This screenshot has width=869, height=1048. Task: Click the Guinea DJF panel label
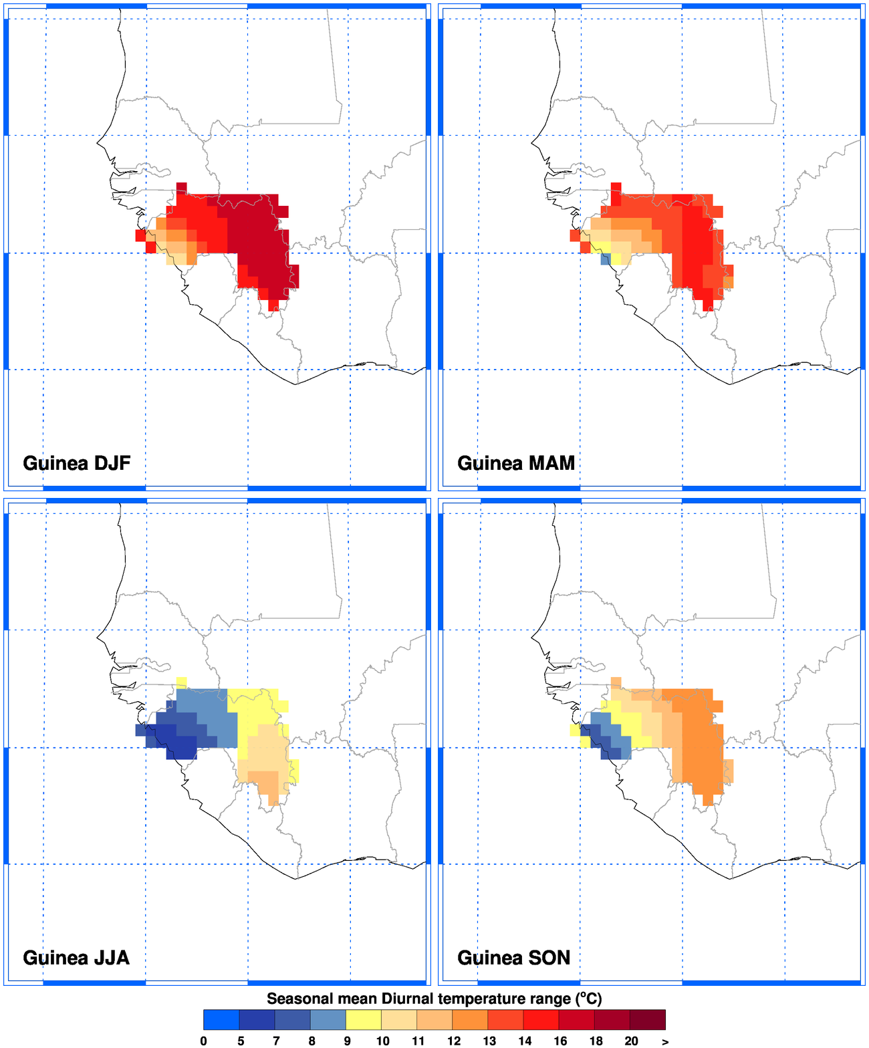coord(76,463)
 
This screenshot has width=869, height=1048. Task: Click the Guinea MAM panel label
coord(515,463)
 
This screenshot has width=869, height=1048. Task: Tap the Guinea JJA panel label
coord(76,958)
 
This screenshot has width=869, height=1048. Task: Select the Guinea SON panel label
coord(513,958)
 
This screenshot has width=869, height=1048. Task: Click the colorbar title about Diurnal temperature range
coord(434,999)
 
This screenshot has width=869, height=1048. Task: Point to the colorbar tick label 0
coord(204,1041)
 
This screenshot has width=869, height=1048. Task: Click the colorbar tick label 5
coord(240,1041)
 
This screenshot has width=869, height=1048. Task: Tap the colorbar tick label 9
coord(347,1041)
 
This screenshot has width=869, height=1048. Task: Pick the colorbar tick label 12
coord(453,1041)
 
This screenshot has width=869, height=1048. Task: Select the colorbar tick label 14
coord(525,1041)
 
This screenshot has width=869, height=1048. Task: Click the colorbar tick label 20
coord(631,1041)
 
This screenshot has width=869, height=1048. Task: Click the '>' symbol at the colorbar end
coord(665,1041)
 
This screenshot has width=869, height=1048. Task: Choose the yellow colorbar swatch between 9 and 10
coord(364,1020)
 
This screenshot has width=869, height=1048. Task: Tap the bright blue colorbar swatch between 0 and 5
coord(221,1020)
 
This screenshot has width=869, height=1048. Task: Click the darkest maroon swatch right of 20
coord(648,1020)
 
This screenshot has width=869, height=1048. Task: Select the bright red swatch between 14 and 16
coord(541,1020)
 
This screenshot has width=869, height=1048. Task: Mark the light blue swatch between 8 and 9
coord(328,1020)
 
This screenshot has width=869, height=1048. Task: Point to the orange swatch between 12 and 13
coord(471,1020)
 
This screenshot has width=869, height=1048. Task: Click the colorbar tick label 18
coord(596,1041)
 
